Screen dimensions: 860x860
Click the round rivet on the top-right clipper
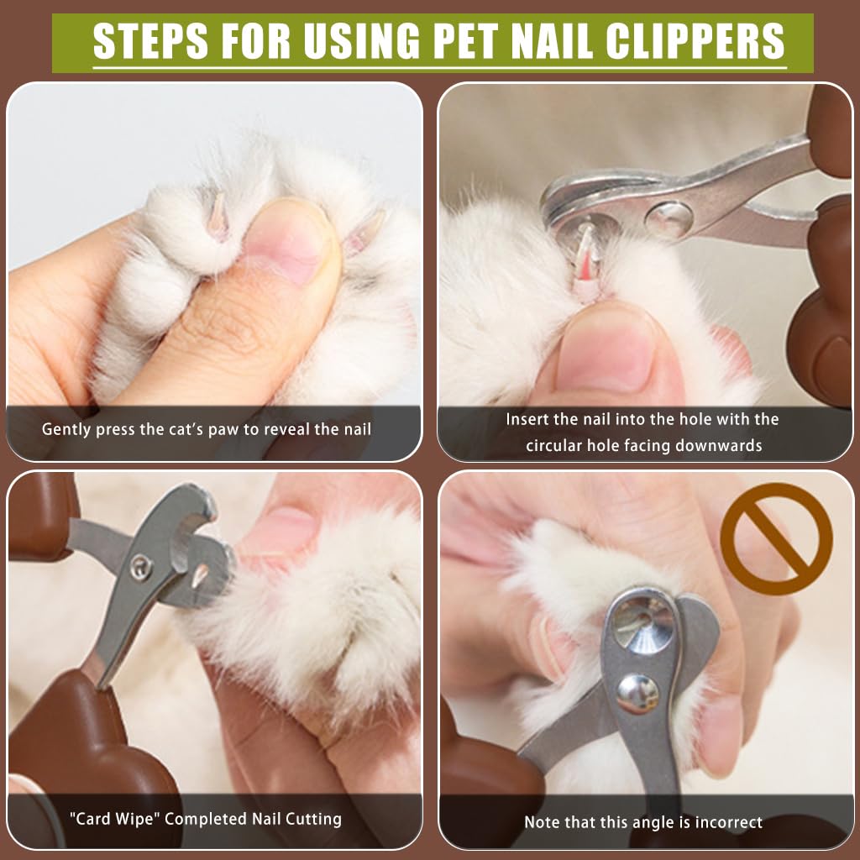[x=669, y=220]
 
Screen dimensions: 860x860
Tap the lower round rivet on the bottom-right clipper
[x=637, y=695]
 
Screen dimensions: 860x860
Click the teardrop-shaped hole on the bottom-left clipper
[x=200, y=575]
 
